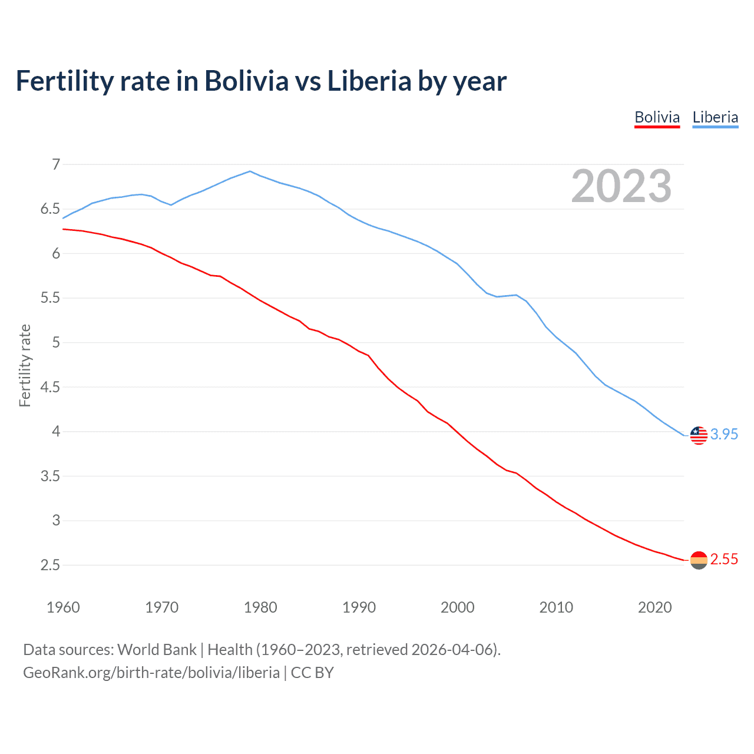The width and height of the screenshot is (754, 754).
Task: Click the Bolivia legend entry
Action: [657, 117]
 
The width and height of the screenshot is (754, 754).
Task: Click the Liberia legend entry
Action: [715, 117]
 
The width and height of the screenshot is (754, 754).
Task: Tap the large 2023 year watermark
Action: [621, 186]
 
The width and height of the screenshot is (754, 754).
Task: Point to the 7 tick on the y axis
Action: [56, 164]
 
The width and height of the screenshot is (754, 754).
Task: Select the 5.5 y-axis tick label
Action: [50, 298]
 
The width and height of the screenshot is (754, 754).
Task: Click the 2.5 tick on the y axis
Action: [50, 565]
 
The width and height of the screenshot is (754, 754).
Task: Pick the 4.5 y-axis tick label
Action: [50, 387]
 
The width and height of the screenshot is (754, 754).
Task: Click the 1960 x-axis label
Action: [63, 607]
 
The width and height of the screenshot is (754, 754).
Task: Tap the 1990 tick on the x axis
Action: [359, 607]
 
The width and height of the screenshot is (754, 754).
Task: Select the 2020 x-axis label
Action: [654, 607]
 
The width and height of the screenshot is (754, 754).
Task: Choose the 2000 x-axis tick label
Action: [457, 607]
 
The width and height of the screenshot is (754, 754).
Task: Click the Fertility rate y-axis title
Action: [25, 365]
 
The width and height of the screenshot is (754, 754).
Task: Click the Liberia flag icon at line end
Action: [699, 435]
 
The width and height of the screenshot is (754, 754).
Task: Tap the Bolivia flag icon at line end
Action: [699, 560]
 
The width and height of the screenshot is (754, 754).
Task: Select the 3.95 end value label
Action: [724, 434]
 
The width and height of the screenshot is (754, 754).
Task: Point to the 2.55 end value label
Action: [724, 559]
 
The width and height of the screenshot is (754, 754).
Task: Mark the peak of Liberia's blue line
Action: [250, 171]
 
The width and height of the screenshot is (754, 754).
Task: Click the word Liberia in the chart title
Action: [369, 81]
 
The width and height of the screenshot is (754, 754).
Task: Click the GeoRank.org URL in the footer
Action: [151, 673]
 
